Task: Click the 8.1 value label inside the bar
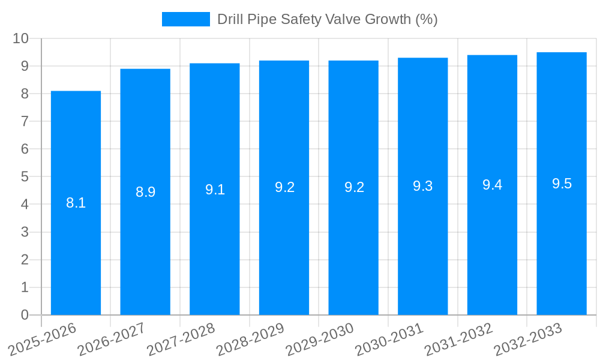pyautogui.click(x=76, y=203)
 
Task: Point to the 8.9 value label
pyautogui.click(x=145, y=192)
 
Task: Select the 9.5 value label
pyautogui.click(x=562, y=184)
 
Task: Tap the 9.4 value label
pyautogui.click(x=492, y=185)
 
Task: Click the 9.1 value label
pyautogui.click(x=215, y=190)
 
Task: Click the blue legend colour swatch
pyautogui.click(x=185, y=19)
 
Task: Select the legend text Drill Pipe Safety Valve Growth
pyautogui.click(x=327, y=19)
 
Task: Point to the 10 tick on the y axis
pyautogui.click(x=20, y=38)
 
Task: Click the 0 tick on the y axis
pyautogui.click(x=25, y=315)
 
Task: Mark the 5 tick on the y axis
pyautogui.click(x=25, y=177)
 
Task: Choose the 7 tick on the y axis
pyautogui.click(x=25, y=122)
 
